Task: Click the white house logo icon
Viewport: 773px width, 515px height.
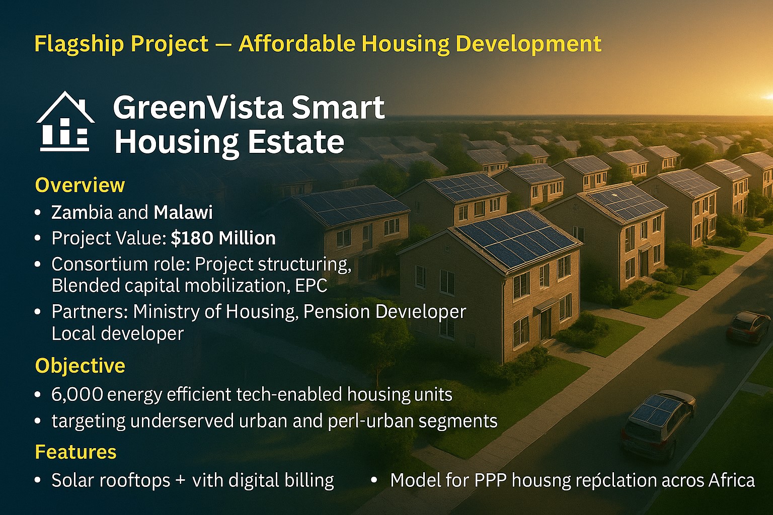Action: click(65, 122)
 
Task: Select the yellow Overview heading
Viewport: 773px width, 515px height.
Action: click(80, 185)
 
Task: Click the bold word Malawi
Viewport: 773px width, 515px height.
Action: click(183, 212)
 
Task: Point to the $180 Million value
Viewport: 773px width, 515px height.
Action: click(223, 238)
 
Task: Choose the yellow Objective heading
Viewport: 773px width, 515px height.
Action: click(80, 366)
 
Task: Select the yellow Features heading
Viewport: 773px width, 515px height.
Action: click(75, 452)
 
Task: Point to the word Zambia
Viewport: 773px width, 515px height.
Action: click(82, 212)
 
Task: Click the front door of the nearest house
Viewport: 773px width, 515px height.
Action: click(546, 322)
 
